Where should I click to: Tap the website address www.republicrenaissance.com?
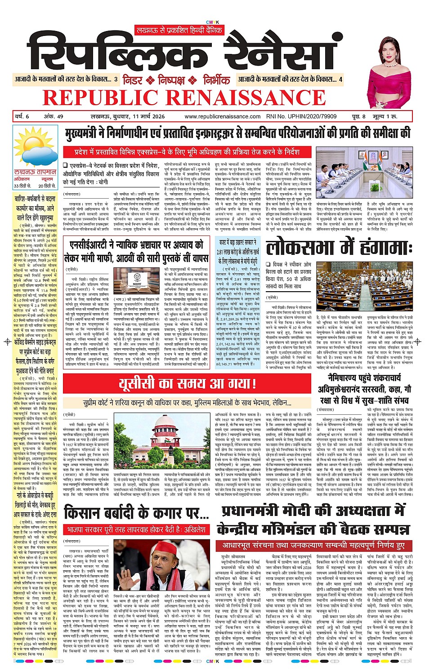[x=222, y=116]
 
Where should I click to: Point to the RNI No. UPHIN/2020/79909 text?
[x=301, y=116]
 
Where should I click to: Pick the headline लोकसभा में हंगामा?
[x=339, y=248]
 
